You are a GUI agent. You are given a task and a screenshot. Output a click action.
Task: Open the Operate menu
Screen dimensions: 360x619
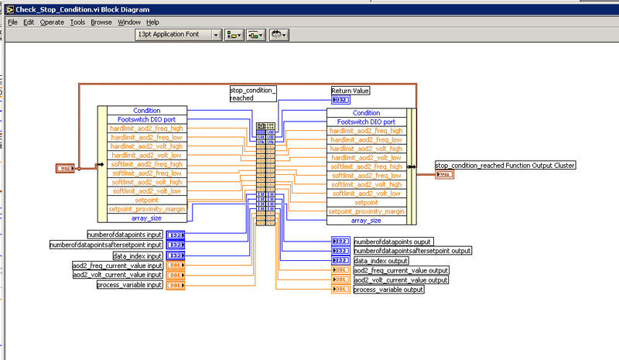52,22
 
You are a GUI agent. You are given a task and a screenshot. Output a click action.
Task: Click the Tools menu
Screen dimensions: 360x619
77,22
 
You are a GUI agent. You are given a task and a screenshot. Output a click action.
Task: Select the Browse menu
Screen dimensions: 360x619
101,22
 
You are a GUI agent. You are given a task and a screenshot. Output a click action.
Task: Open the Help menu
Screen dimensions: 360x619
152,22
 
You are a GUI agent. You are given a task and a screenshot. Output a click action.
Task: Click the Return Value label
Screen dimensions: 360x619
351,91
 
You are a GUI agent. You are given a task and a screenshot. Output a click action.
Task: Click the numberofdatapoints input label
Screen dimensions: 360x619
124,235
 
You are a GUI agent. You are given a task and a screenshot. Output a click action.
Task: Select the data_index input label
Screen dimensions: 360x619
138,255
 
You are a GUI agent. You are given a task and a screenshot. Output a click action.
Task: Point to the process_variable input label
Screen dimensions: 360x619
129,285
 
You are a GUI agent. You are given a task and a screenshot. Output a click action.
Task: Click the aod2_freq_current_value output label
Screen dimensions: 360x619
401,270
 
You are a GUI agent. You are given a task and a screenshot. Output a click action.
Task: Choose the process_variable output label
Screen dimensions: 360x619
388,290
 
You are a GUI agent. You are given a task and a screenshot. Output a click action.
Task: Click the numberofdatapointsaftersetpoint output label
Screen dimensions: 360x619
412,251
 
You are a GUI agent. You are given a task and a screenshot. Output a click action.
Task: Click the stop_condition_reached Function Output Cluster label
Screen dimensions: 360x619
505,165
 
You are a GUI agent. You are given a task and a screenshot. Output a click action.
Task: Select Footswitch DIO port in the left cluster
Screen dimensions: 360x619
147,120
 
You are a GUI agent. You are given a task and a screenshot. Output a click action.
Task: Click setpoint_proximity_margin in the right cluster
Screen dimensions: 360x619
367,211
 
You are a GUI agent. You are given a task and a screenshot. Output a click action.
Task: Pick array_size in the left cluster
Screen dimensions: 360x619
147,218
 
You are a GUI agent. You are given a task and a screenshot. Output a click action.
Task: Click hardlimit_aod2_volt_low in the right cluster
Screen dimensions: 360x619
367,157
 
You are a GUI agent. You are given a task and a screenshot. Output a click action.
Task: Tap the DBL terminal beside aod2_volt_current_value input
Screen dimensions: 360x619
176,275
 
